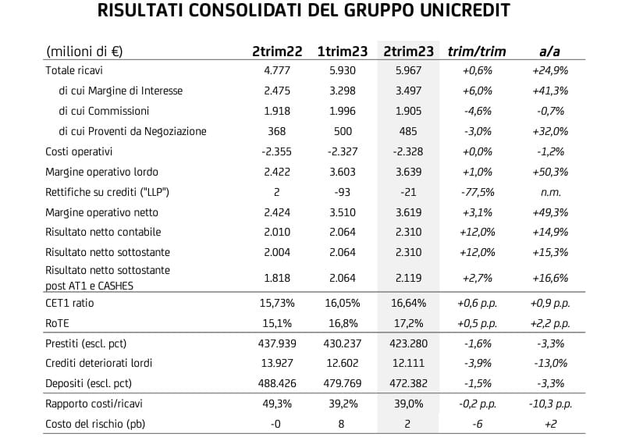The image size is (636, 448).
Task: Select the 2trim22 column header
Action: (277, 52)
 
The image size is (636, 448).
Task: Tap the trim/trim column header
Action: (477, 52)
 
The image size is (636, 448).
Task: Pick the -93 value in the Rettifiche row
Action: (340, 192)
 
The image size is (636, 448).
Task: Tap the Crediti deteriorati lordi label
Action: (99, 363)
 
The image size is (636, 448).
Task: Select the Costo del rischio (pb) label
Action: (96, 424)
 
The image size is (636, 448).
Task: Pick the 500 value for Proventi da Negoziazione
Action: (340, 131)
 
